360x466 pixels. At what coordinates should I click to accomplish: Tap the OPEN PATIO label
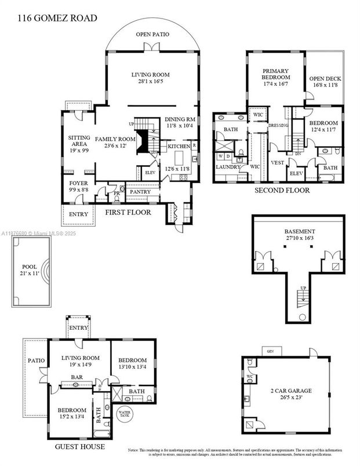pyautogui.click(x=152, y=35)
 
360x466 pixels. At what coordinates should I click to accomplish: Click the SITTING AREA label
pyautogui.click(x=78, y=143)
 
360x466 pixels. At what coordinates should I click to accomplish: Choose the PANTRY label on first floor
pyautogui.click(x=140, y=192)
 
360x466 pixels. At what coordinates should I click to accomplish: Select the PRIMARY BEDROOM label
pyautogui.click(x=275, y=75)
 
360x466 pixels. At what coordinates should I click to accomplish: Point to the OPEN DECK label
pyautogui.click(x=323, y=83)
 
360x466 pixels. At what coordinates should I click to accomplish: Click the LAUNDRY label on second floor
pyautogui.click(x=228, y=167)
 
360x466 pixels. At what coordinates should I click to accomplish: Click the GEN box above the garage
pyautogui.click(x=269, y=351)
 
